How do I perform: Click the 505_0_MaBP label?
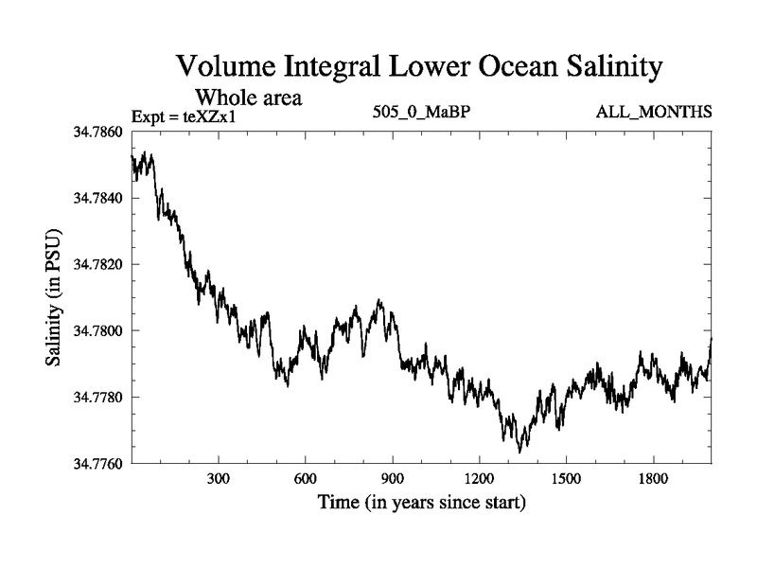[x=422, y=113]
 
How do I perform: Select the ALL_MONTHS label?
[x=653, y=113]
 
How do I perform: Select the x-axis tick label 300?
[x=219, y=480]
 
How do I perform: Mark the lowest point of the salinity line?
[x=519, y=452]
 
